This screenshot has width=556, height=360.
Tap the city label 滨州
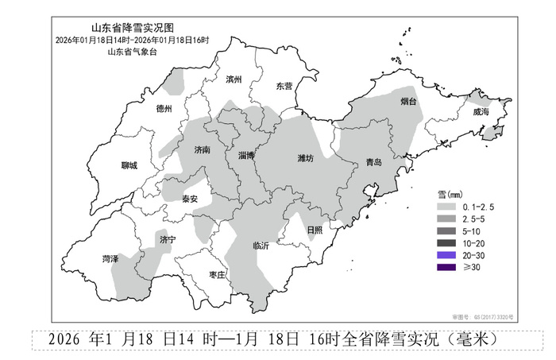233,79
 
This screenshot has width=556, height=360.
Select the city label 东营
284,85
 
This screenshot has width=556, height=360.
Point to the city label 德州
164,108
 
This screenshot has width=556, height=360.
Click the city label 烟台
408,103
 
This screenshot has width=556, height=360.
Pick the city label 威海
481,113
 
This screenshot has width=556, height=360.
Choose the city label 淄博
246,156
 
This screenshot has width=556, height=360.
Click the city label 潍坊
305,159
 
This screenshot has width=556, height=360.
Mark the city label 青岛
373,162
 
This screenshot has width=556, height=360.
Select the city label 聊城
129,165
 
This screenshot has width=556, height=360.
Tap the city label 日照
315,230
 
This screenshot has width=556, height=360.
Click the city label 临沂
261,246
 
